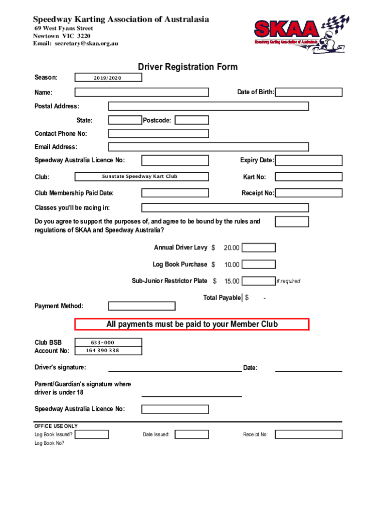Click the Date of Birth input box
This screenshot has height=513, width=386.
(x=309, y=92)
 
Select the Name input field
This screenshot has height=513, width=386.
(x=141, y=92)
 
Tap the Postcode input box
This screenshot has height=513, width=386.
(x=191, y=120)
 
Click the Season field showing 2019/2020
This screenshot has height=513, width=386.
(x=108, y=78)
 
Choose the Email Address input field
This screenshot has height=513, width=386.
(x=209, y=147)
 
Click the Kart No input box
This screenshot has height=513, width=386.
(x=309, y=177)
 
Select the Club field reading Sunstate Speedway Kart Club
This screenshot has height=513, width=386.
(x=141, y=176)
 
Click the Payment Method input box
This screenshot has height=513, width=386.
(x=142, y=306)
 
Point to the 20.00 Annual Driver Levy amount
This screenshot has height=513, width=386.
(x=232, y=248)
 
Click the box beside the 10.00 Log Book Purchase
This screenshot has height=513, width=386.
(x=259, y=265)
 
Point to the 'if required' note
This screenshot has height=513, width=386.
(x=288, y=281)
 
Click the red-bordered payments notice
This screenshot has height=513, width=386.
(x=192, y=324)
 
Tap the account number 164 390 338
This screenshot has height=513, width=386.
(x=103, y=351)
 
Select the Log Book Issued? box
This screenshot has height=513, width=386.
(x=92, y=434)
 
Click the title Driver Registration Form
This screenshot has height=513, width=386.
(x=187, y=67)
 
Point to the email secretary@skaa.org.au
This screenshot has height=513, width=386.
(x=76, y=44)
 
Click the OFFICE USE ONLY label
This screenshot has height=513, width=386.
(x=56, y=426)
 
